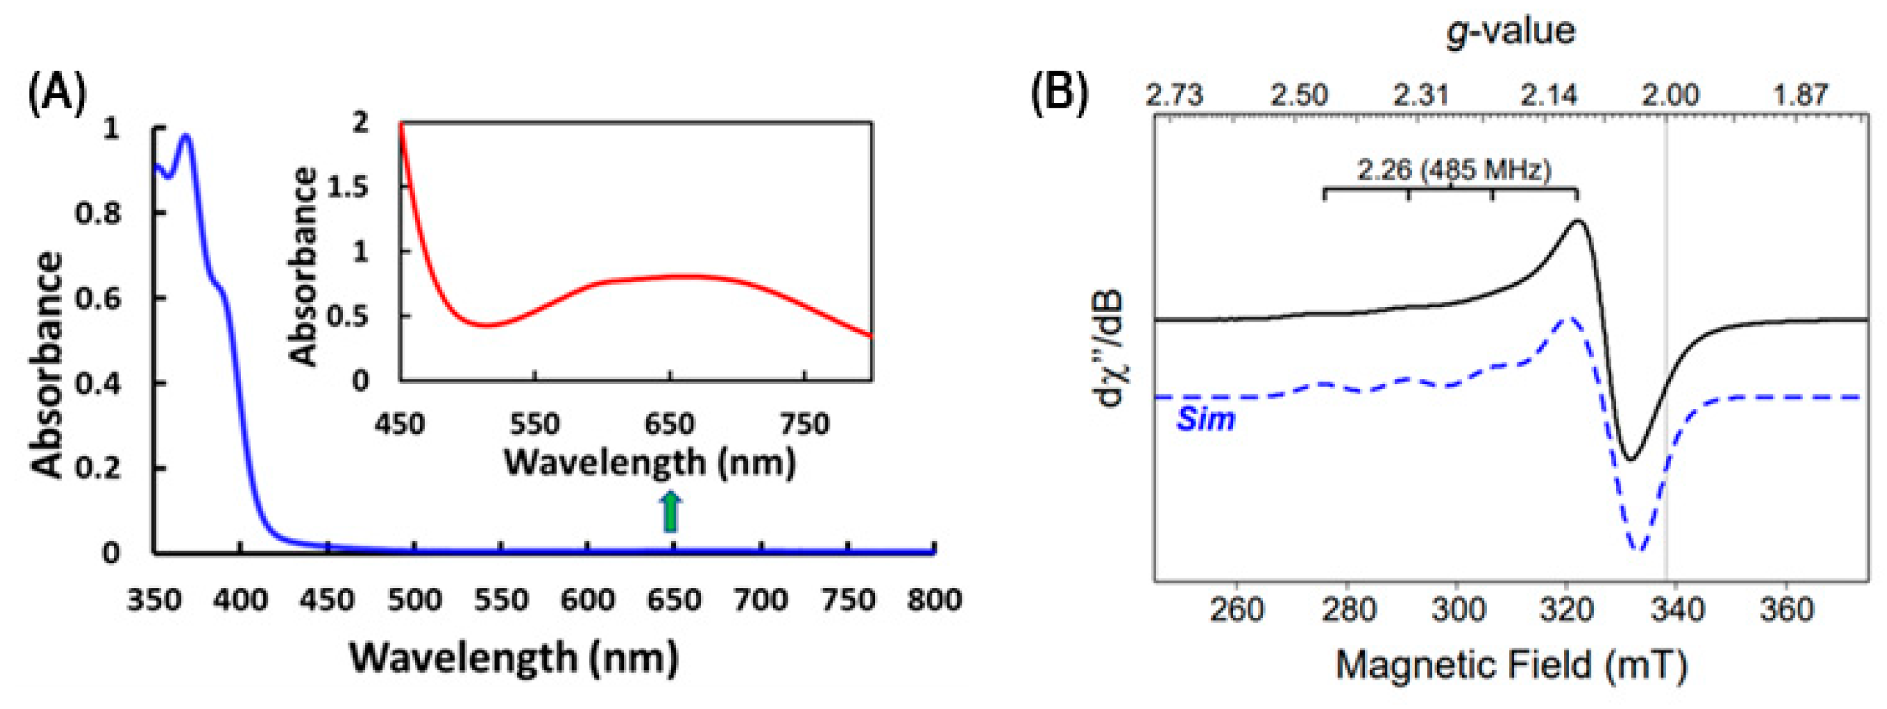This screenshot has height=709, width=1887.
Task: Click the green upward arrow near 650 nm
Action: [671, 512]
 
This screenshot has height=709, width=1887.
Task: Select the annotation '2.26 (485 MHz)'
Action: [1454, 171]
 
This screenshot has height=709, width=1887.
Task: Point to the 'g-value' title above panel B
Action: [1510, 31]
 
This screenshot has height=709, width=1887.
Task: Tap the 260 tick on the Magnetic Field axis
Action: [1236, 610]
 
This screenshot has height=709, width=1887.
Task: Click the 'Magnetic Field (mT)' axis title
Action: [1511, 665]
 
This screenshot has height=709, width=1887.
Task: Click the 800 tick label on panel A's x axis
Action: [934, 601]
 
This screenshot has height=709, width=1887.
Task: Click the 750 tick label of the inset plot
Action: [805, 424]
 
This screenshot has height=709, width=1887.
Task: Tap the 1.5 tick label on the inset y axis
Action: [348, 187]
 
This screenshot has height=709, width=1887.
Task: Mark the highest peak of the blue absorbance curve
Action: [186, 136]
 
